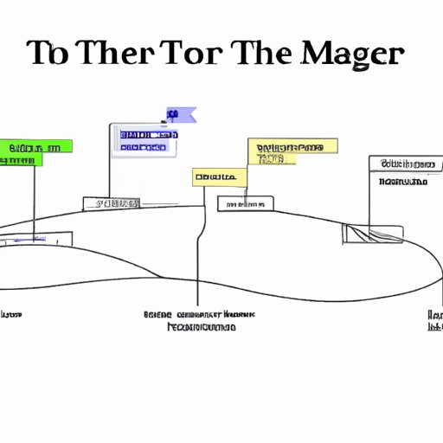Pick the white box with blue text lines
coord(144,140)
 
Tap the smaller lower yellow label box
coord(219,177)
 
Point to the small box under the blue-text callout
coord(112,203)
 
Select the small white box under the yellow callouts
coord(245,203)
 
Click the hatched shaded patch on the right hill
coord(373,233)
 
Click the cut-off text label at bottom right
coord(435,321)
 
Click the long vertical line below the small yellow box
coord(198,251)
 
